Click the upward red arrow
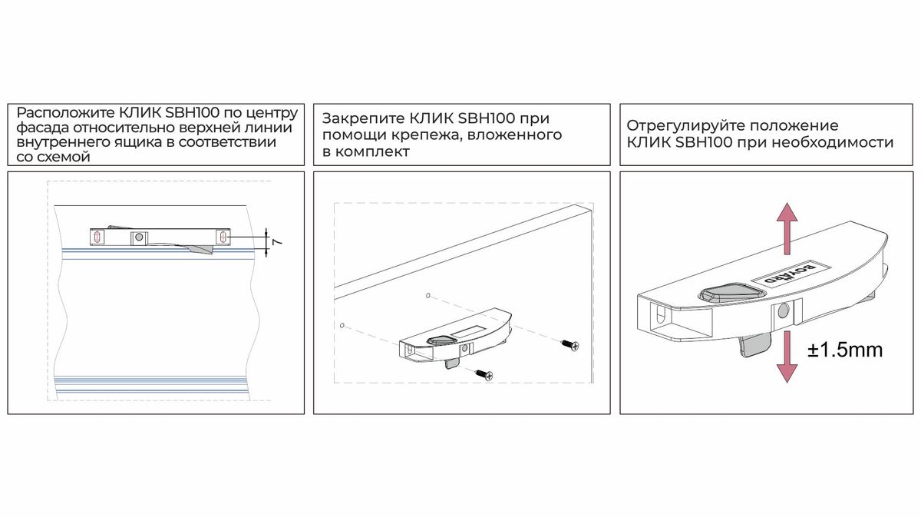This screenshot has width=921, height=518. tap(787, 228)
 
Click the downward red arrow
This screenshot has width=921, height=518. tap(787, 357)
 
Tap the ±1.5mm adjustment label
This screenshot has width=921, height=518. tap(845, 350)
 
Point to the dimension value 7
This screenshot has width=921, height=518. tap(278, 241)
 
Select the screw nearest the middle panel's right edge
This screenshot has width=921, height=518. tap(570, 345)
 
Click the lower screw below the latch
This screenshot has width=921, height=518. tap(484, 375)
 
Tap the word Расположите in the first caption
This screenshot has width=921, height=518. tap(66, 112)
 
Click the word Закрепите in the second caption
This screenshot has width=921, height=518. tap(363, 118)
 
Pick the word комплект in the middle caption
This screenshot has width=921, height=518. tap(372, 151)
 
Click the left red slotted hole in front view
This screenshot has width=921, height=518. tap(97, 237)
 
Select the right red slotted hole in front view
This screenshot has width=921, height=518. tap(223, 237)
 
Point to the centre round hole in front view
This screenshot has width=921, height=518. tap(139, 237)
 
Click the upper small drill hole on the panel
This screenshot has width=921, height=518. tap(428, 295)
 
